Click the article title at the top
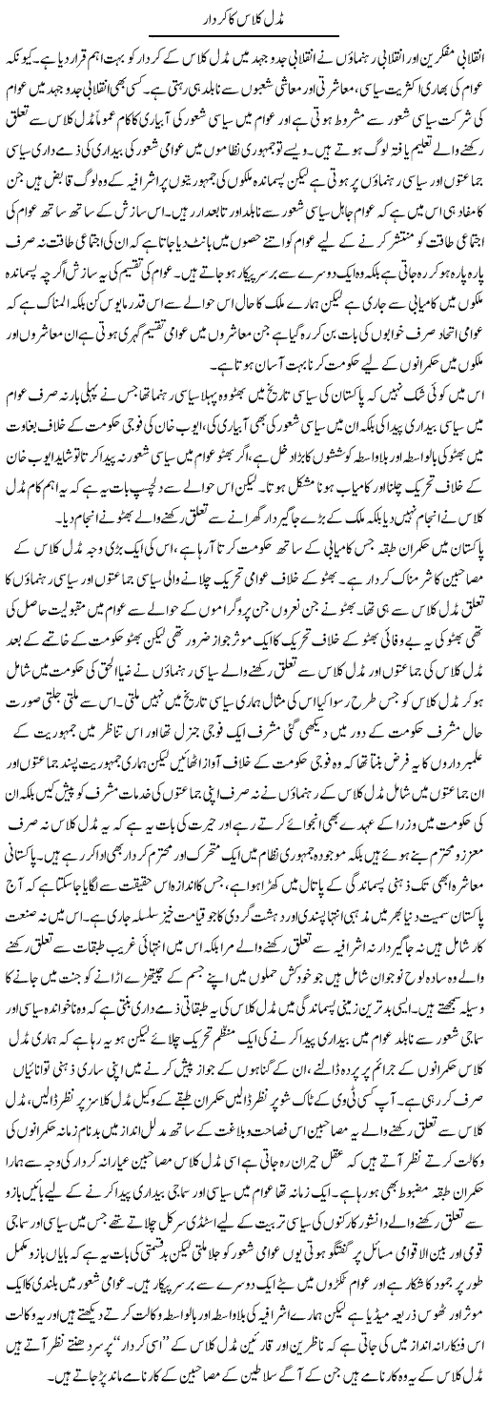coord(244,20)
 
